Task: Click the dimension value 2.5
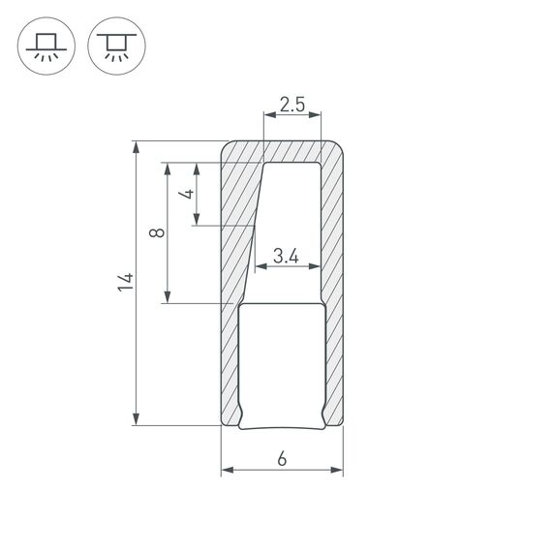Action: [291, 104]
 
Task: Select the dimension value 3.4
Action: [285, 257]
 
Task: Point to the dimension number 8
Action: [157, 232]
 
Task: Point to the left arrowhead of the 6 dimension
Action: [228, 471]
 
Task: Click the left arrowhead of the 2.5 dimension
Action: [268, 116]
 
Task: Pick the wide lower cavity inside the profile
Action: [281, 363]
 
